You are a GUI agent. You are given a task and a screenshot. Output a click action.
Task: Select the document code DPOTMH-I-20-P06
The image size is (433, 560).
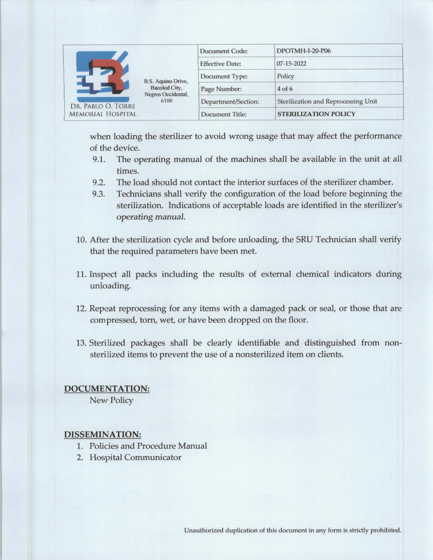(304, 51)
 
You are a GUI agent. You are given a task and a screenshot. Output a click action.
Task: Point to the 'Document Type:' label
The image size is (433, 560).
(223, 76)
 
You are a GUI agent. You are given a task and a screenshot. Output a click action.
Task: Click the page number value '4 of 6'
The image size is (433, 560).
(285, 89)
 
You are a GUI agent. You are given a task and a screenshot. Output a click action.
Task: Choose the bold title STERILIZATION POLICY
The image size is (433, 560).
(316, 114)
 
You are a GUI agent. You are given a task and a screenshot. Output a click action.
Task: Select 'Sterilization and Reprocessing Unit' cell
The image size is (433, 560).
(327, 101)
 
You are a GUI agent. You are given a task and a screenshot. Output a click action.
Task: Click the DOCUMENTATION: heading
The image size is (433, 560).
(107, 389)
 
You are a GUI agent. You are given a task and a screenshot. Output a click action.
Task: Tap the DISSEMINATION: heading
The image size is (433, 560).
(103, 434)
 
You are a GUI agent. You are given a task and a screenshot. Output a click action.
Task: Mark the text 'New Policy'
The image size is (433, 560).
(111, 400)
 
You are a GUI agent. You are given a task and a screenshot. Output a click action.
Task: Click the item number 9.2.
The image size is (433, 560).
(99, 183)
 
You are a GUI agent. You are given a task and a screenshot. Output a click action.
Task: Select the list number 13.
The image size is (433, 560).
(81, 343)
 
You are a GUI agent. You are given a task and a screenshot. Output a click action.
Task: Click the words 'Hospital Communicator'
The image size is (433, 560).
(135, 458)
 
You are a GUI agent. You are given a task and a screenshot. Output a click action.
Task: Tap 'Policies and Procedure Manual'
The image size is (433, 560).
(148, 446)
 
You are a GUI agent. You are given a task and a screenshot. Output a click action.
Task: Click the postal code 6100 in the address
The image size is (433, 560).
(166, 101)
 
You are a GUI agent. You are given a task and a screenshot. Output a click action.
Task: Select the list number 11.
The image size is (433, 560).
(81, 274)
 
